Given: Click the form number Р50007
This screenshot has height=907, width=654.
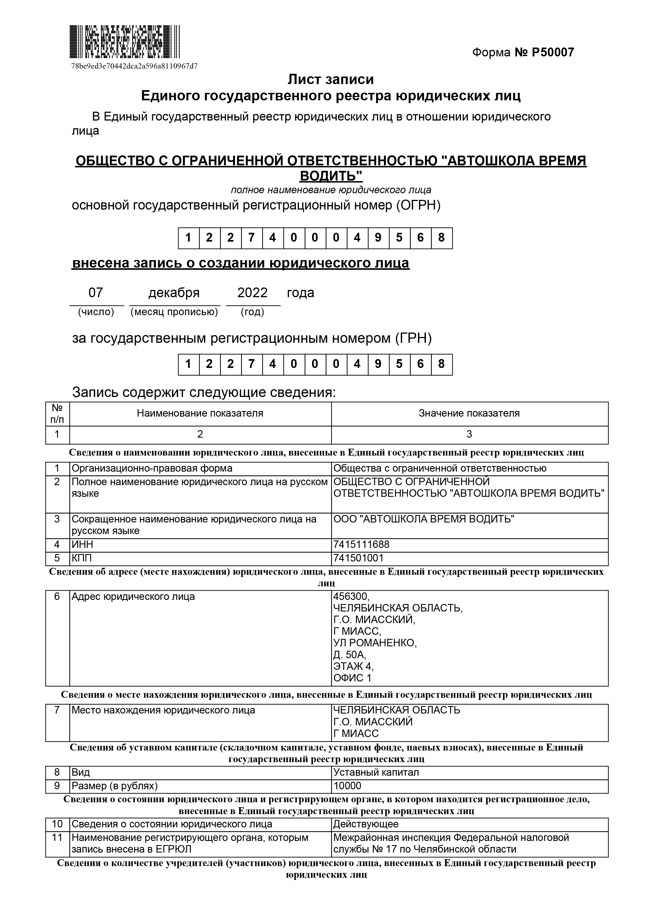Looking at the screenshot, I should [523, 53].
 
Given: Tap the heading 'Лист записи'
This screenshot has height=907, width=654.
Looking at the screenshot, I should [331, 80].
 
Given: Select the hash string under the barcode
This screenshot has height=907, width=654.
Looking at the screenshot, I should [134, 66].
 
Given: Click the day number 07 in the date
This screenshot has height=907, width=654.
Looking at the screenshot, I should [96, 293].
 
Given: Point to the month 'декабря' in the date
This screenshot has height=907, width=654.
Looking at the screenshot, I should [174, 293].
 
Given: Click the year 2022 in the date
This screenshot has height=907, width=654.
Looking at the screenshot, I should [252, 293].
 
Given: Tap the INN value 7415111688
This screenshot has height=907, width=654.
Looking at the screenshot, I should [361, 544].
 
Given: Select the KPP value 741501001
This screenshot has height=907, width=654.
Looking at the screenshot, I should [359, 558].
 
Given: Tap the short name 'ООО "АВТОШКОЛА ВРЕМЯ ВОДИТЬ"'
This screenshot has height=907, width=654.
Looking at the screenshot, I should [424, 519].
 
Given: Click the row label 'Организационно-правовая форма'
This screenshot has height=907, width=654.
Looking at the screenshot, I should [152, 468].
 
